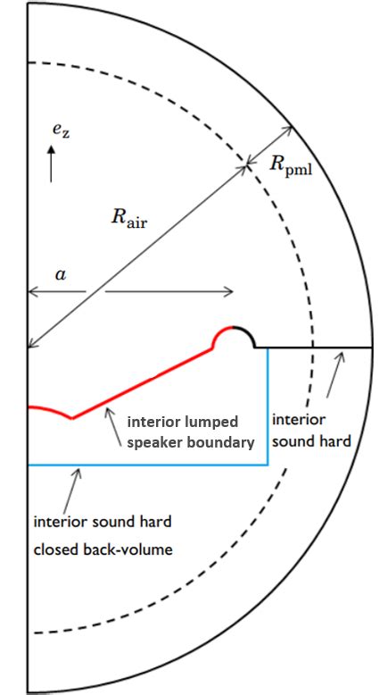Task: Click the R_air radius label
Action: (x=128, y=218)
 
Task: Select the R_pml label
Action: (x=291, y=165)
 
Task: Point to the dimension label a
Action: (x=60, y=275)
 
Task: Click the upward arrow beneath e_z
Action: (x=51, y=165)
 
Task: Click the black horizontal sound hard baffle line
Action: (x=321, y=347)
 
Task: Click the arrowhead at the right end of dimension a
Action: (x=229, y=291)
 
